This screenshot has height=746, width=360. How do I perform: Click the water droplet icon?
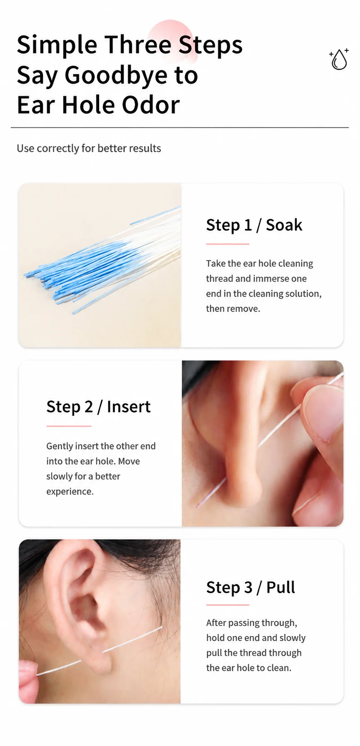339,59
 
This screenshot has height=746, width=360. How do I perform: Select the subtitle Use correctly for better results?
89,148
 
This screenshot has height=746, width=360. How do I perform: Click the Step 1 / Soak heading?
254,225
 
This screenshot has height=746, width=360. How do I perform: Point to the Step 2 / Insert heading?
98,407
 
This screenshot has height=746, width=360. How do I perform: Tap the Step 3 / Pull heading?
250,587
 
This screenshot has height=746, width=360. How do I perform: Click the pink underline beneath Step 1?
228,244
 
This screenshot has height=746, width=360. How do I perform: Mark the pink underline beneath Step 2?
69,426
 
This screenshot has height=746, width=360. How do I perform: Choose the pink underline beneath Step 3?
228,605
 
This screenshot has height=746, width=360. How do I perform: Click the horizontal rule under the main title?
180,128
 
